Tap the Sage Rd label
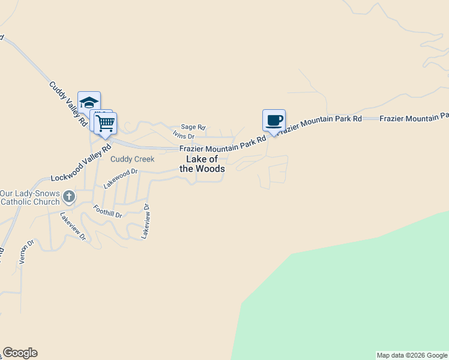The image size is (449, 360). (193, 127)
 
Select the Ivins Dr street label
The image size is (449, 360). (184, 137)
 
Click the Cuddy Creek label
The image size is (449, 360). (132, 159)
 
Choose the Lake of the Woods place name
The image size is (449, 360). (202, 164)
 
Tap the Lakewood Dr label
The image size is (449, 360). (121, 179)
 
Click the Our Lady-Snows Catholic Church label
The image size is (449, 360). (29, 197)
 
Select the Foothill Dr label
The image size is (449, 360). (108, 211)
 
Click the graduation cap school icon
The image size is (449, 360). (89, 103)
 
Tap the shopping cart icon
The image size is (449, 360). (106, 123)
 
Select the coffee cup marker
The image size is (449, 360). (274, 120)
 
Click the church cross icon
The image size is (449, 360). (69, 196)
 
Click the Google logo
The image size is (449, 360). (20, 353)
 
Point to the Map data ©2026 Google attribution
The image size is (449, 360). (412, 355)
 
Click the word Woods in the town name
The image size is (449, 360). (211, 169)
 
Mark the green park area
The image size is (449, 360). (348, 294)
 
